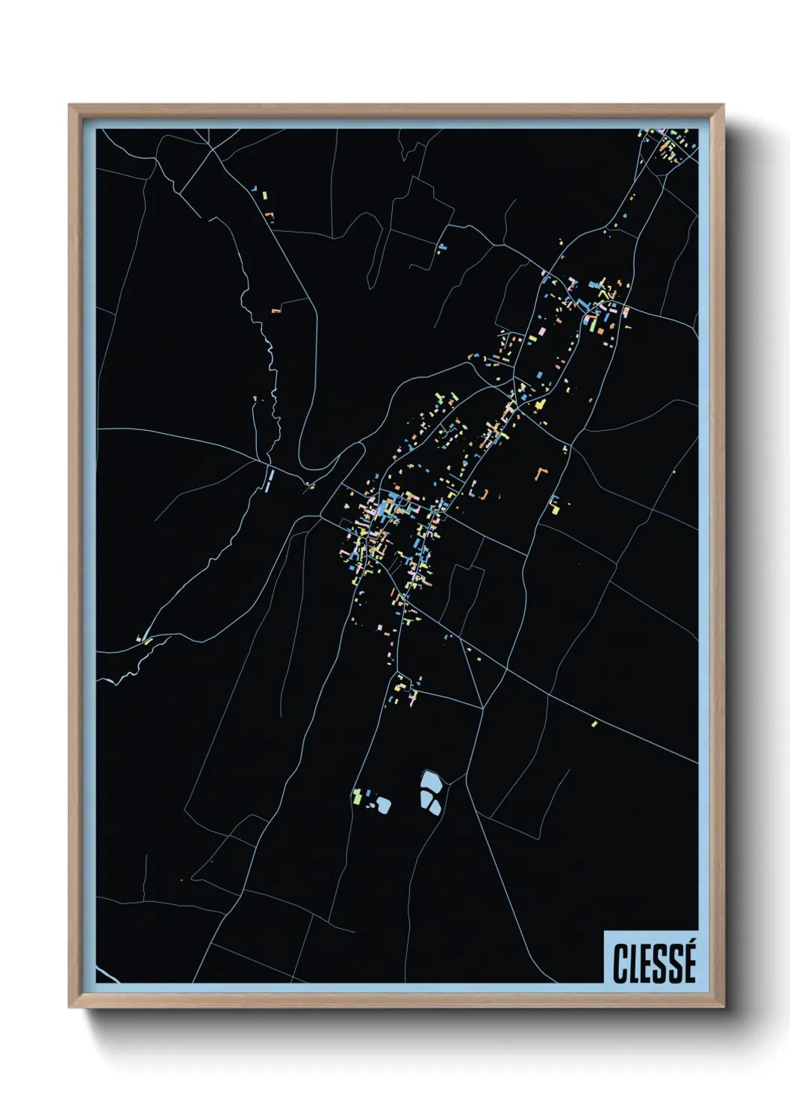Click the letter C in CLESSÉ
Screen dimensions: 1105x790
[x=620, y=963]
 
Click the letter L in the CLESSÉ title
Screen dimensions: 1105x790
[x=635, y=963]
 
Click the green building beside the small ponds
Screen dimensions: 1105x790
[x=358, y=796]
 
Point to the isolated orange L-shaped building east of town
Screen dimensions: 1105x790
[x=541, y=473]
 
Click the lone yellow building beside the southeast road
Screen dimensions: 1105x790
[x=594, y=723]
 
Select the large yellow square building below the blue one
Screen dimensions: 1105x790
[x=555, y=509]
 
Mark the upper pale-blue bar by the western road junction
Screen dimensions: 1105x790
[x=270, y=475]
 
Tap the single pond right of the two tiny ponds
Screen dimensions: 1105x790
[x=384, y=804]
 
